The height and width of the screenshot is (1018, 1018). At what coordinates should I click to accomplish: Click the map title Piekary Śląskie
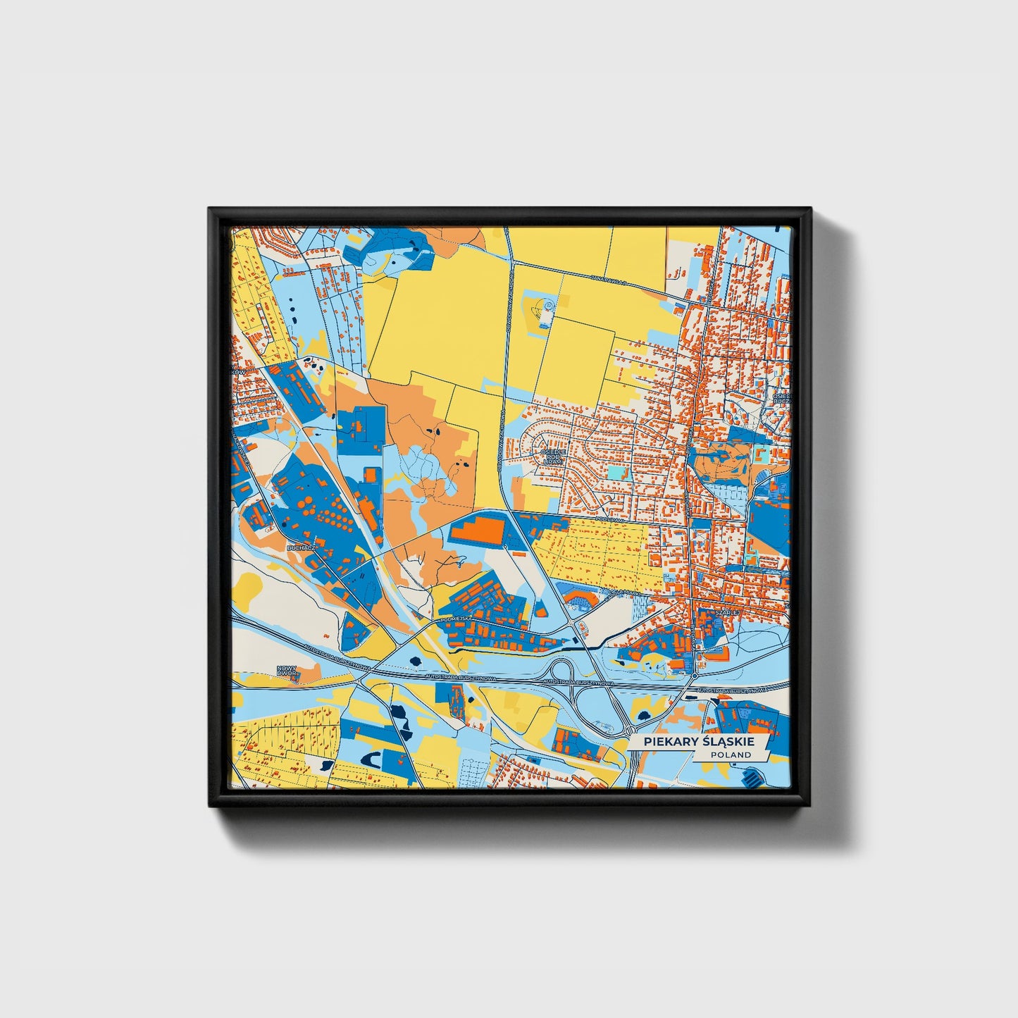[693, 742]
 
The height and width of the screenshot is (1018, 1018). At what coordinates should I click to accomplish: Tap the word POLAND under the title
[731, 755]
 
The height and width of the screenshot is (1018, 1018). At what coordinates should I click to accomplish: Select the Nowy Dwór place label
[287, 671]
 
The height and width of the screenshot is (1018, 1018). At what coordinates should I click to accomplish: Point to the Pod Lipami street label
[610, 519]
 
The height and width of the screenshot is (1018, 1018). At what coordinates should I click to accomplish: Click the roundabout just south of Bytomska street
[695, 676]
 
